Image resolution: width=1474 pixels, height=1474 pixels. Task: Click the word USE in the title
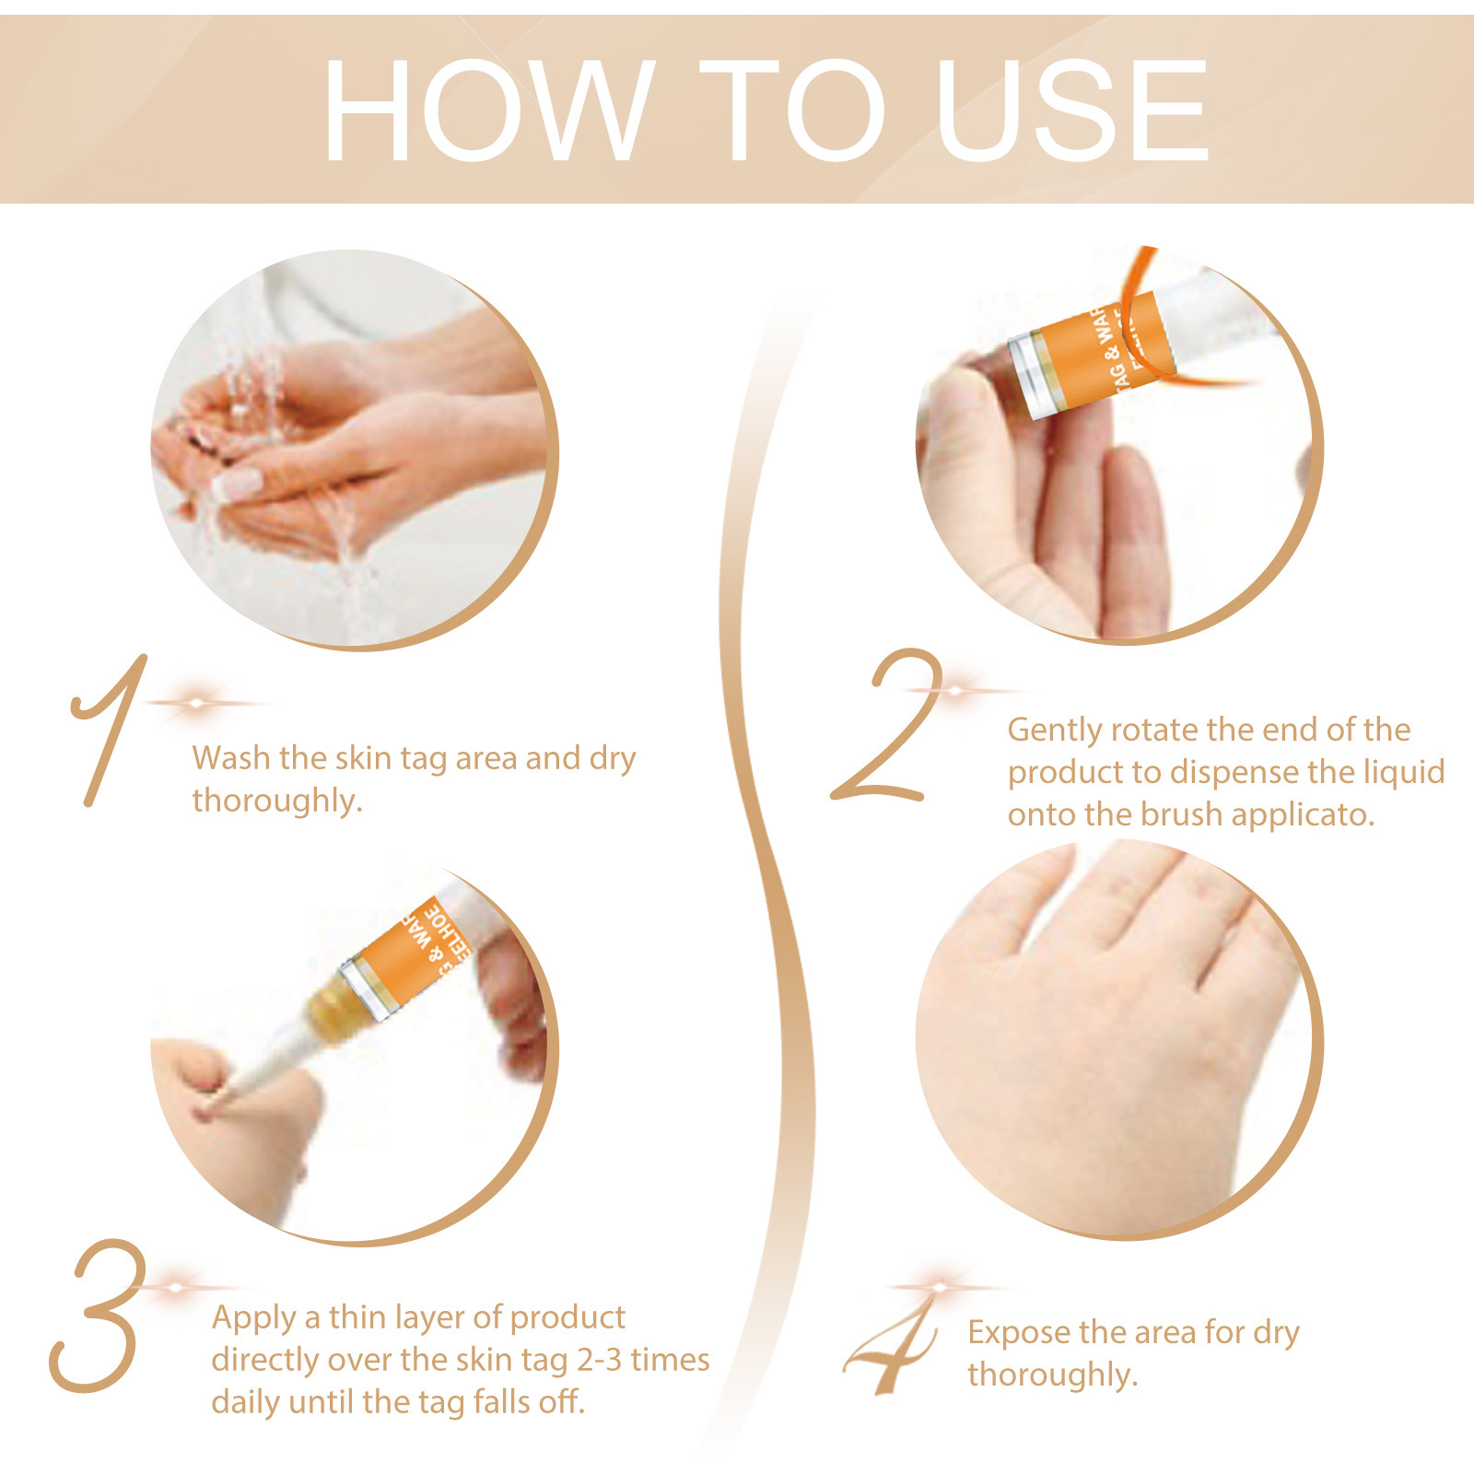coord(1071,111)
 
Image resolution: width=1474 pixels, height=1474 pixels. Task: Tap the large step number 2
coord(887,728)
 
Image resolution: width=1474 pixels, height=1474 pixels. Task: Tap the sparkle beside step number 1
coord(196,703)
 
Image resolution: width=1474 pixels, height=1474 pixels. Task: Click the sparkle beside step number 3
coord(175,1287)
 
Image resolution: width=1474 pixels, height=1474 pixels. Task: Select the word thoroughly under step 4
coord(1052,1375)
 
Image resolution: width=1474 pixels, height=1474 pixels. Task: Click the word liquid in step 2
coord(1403,772)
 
